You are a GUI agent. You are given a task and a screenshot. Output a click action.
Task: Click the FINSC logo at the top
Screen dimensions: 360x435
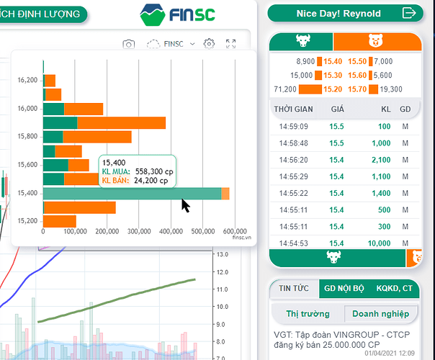pyautogui.click(x=177, y=13)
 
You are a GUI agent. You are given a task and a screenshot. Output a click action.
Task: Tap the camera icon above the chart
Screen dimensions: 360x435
pyautogui.click(x=128, y=45)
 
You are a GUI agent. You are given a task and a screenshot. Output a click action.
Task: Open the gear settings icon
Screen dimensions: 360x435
pyautogui.click(x=209, y=44)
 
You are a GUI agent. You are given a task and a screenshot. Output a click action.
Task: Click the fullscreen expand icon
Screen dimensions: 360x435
pyautogui.click(x=231, y=44)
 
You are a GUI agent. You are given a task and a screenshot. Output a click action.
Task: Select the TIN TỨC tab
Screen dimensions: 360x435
pyautogui.click(x=290, y=289)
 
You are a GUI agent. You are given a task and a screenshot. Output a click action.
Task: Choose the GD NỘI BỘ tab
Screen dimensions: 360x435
pyautogui.click(x=343, y=289)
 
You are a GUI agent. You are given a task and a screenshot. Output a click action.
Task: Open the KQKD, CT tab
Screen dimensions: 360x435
pyautogui.click(x=395, y=289)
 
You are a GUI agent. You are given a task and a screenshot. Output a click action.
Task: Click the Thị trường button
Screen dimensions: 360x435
pyautogui.click(x=308, y=313)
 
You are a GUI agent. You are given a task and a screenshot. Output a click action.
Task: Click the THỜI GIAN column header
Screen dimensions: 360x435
pyautogui.click(x=293, y=109)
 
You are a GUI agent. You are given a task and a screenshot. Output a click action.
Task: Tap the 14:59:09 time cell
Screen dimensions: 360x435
pyautogui.click(x=294, y=127)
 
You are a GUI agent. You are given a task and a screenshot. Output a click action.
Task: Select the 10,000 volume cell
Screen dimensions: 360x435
pyautogui.click(x=377, y=243)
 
